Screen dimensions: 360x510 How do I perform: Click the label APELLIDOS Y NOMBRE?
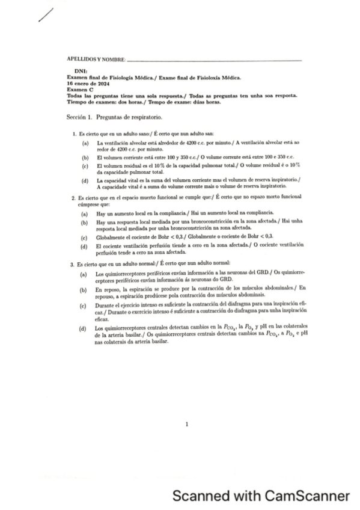(x=96, y=60)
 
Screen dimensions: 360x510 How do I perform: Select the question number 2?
(x=72, y=197)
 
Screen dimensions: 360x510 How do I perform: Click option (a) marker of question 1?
(x=85, y=144)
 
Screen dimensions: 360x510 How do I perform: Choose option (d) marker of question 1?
(x=85, y=181)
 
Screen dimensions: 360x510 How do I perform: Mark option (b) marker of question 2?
(x=85, y=223)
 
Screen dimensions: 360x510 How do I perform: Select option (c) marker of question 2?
(x=85, y=238)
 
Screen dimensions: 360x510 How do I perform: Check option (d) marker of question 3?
(x=85, y=328)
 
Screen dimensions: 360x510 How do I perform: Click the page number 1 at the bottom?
(x=187, y=425)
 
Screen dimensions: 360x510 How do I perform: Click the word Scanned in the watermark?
(x=201, y=496)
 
